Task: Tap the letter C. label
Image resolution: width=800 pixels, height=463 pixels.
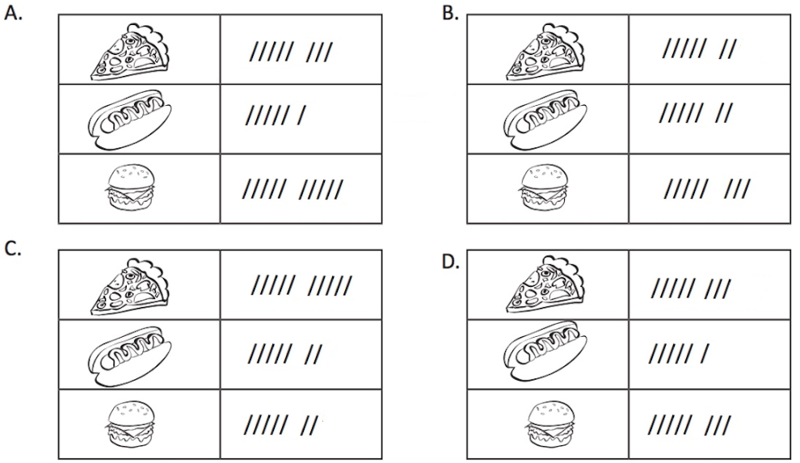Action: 14,250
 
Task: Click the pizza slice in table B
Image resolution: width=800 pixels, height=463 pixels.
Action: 547,50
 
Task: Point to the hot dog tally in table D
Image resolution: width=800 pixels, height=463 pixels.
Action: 680,354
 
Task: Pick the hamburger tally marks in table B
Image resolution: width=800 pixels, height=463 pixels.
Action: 706,190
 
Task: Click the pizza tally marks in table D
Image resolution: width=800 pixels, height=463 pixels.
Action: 691,288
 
